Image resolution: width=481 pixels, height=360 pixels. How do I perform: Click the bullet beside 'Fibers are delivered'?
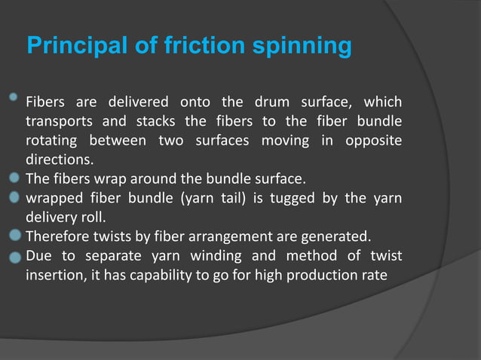coord(14,98)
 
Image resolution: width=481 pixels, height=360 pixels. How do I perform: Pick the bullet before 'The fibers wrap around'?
coord(14,178)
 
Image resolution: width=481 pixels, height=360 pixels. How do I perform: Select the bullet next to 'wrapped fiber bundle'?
coord(14,198)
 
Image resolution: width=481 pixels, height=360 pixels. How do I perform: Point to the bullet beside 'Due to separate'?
coord(14,256)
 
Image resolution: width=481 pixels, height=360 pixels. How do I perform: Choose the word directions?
coord(60,160)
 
